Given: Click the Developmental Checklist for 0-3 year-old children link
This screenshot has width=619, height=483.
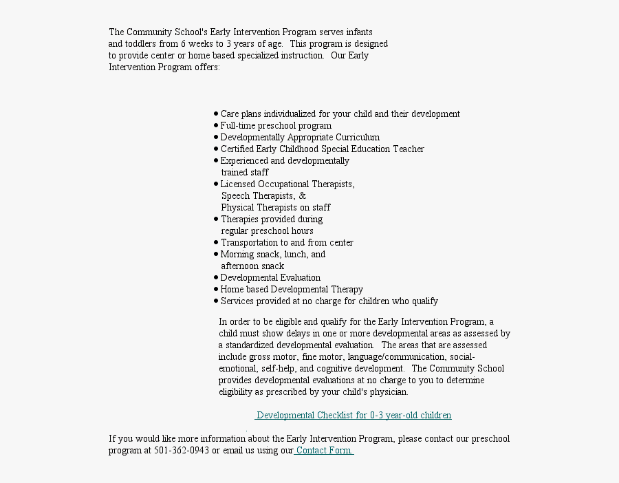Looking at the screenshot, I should coord(354,415).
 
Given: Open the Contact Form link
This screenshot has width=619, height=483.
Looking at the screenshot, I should coord(324,450).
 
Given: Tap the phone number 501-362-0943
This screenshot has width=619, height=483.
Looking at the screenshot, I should coord(182,450).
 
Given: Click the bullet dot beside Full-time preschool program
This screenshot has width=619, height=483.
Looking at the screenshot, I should coord(216,126).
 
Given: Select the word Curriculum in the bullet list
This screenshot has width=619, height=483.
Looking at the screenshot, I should coord(358,137).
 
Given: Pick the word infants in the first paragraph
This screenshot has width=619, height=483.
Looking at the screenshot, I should coord(360,32).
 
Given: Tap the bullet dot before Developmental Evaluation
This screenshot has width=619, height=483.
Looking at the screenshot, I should coord(216,277).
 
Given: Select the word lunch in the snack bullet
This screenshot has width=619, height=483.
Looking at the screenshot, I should coord(296,254).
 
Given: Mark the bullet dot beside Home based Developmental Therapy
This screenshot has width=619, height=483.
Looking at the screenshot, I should coord(216,289).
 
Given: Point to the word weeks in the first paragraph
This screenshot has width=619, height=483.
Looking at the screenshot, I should coord(200,43).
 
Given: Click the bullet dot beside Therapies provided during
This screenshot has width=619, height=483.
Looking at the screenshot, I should coord(216,219).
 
